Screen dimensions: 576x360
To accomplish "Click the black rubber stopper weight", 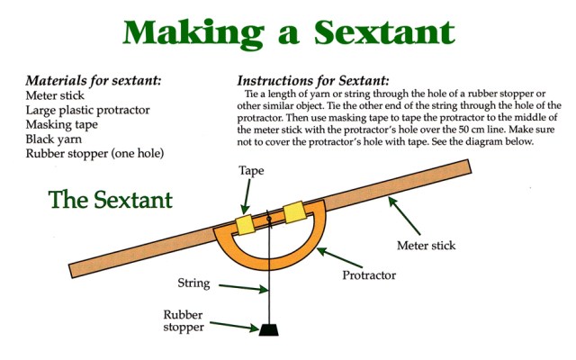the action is [268, 329].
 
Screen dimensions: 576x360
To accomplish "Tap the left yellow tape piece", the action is [245, 224].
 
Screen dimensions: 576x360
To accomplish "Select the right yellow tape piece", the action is [295, 212].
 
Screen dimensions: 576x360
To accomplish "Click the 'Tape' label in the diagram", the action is [251, 171].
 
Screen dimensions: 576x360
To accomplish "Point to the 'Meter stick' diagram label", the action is [426, 246].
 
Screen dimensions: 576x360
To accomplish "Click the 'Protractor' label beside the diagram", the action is [369, 275].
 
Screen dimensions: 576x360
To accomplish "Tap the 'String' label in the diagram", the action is [193, 283].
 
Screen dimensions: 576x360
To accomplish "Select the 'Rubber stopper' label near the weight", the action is [184, 320].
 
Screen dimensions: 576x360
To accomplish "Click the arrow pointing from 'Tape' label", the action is [246, 196].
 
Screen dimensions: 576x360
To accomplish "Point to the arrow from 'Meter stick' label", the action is [404, 216].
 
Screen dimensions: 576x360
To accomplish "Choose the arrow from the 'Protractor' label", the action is [339, 257].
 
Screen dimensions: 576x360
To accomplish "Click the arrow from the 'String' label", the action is [243, 288].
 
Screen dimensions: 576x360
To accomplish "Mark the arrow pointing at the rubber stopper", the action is [234, 326].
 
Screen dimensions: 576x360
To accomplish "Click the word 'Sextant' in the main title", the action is [384, 32].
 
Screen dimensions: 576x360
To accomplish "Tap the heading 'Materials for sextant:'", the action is [94, 80].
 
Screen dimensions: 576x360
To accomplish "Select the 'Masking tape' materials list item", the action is [62, 124].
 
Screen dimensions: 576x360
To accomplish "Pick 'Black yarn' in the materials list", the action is [54, 139].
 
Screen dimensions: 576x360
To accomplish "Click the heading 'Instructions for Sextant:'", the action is [312, 80].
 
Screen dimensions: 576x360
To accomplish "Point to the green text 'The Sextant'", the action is [110, 200].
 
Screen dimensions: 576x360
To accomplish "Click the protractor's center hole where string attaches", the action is [269, 219].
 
